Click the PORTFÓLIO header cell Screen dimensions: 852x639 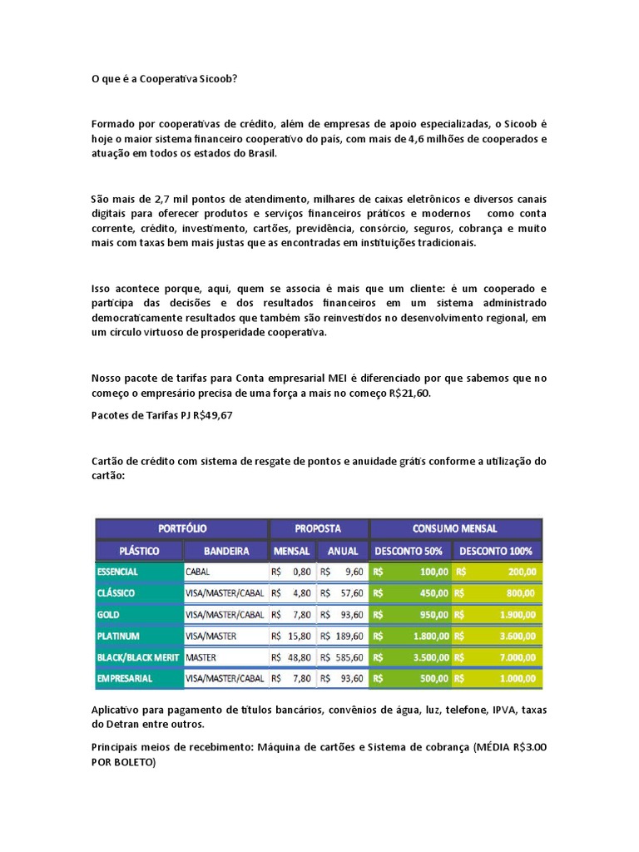tap(182, 528)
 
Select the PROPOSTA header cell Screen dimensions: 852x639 tap(318, 528)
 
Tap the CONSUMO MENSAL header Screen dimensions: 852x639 tap(455, 528)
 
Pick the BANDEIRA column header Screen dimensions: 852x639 tap(225, 551)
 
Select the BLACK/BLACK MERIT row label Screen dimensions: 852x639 tap(137, 657)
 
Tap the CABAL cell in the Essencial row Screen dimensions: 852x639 tap(198, 572)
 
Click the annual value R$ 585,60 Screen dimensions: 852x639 tap(342, 657)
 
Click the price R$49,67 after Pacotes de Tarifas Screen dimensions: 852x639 tap(212, 415)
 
